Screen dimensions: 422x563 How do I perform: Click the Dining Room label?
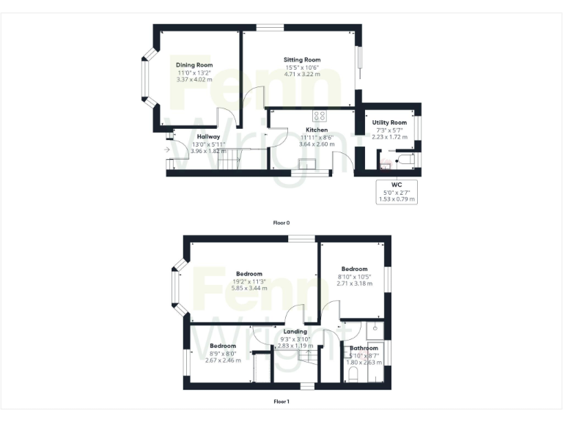coord(194,65)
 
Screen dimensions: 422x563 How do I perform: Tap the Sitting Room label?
coord(303,60)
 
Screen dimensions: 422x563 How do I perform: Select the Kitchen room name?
coord(317,130)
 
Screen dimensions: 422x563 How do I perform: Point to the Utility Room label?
coord(389,122)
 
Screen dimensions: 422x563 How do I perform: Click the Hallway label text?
coord(209,136)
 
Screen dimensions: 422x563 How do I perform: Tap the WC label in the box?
coord(397,184)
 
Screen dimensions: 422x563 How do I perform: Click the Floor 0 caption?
coord(281,222)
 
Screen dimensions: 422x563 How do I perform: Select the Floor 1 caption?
coord(281,401)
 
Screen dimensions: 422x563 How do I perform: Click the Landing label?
coord(295,331)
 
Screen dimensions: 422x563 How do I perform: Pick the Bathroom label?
coord(364,348)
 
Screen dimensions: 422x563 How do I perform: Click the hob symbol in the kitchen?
coord(320,115)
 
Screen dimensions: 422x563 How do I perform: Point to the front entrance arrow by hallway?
coord(168,150)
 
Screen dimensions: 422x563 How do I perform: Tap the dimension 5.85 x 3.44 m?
coord(249,289)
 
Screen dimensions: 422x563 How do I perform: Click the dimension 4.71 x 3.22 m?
coord(303,75)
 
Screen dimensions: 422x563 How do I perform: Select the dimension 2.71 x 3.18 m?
coord(353,284)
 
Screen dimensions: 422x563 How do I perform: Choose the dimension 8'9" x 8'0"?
coord(223,353)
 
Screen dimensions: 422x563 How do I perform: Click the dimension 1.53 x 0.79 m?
coord(397,199)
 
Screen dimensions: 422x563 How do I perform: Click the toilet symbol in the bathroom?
coord(352,377)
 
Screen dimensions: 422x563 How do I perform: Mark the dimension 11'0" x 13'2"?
coord(194,73)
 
